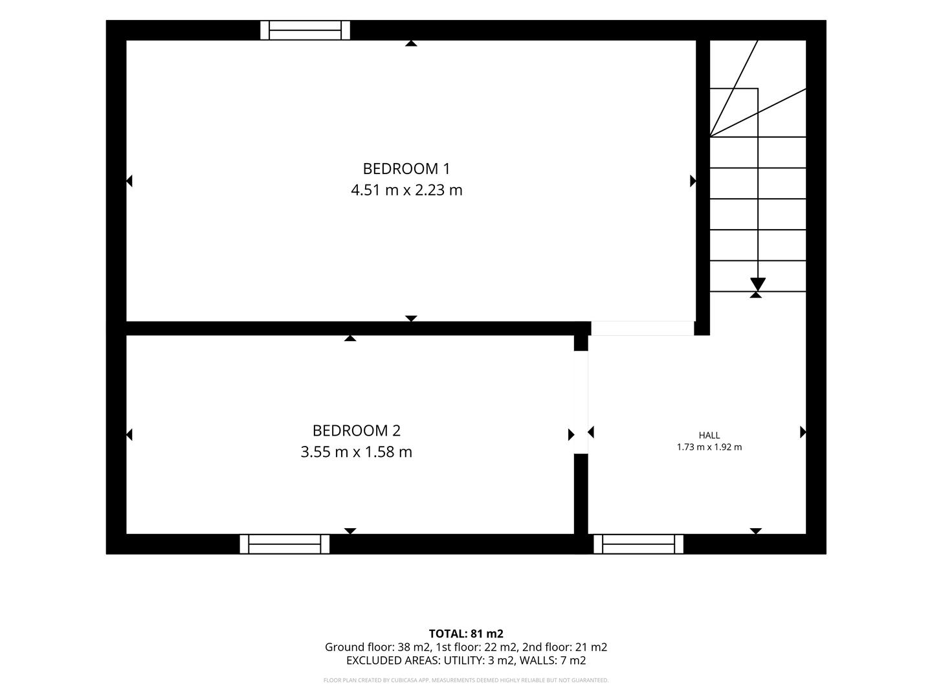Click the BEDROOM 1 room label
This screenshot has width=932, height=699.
click(x=406, y=169)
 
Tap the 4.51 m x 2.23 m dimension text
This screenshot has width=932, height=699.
click(x=406, y=190)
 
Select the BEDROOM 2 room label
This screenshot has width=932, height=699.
click(x=356, y=431)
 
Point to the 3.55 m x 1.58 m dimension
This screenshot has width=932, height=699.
click(x=356, y=452)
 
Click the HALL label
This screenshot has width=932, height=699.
click(x=709, y=436)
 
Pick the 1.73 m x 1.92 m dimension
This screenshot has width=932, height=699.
click(x=709, y=447)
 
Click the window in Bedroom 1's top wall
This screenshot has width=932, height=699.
click(x=305, y=30)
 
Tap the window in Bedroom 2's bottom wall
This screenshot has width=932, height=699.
click(x=285, y=544)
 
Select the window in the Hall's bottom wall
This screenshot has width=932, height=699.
click(x=638, y=544)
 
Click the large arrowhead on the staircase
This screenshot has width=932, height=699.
click(x=757, y=283)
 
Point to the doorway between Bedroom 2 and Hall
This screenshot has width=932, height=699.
click(x=581, y=403)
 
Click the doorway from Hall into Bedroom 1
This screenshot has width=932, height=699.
click(x=643, y=329)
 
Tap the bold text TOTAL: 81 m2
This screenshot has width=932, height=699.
click(x=466, y=634)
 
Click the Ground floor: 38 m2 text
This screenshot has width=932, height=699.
click(x=378, y=647)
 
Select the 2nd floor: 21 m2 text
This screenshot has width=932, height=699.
click(x=564, y=647)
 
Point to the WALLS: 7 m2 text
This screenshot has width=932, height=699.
click(x=553, y=660)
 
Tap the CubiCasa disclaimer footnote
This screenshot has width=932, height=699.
click(x=466, y=680)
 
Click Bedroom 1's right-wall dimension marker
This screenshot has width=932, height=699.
click(x=693, y=181)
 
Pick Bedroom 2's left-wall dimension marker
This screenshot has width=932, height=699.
click(x=129, y=434)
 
